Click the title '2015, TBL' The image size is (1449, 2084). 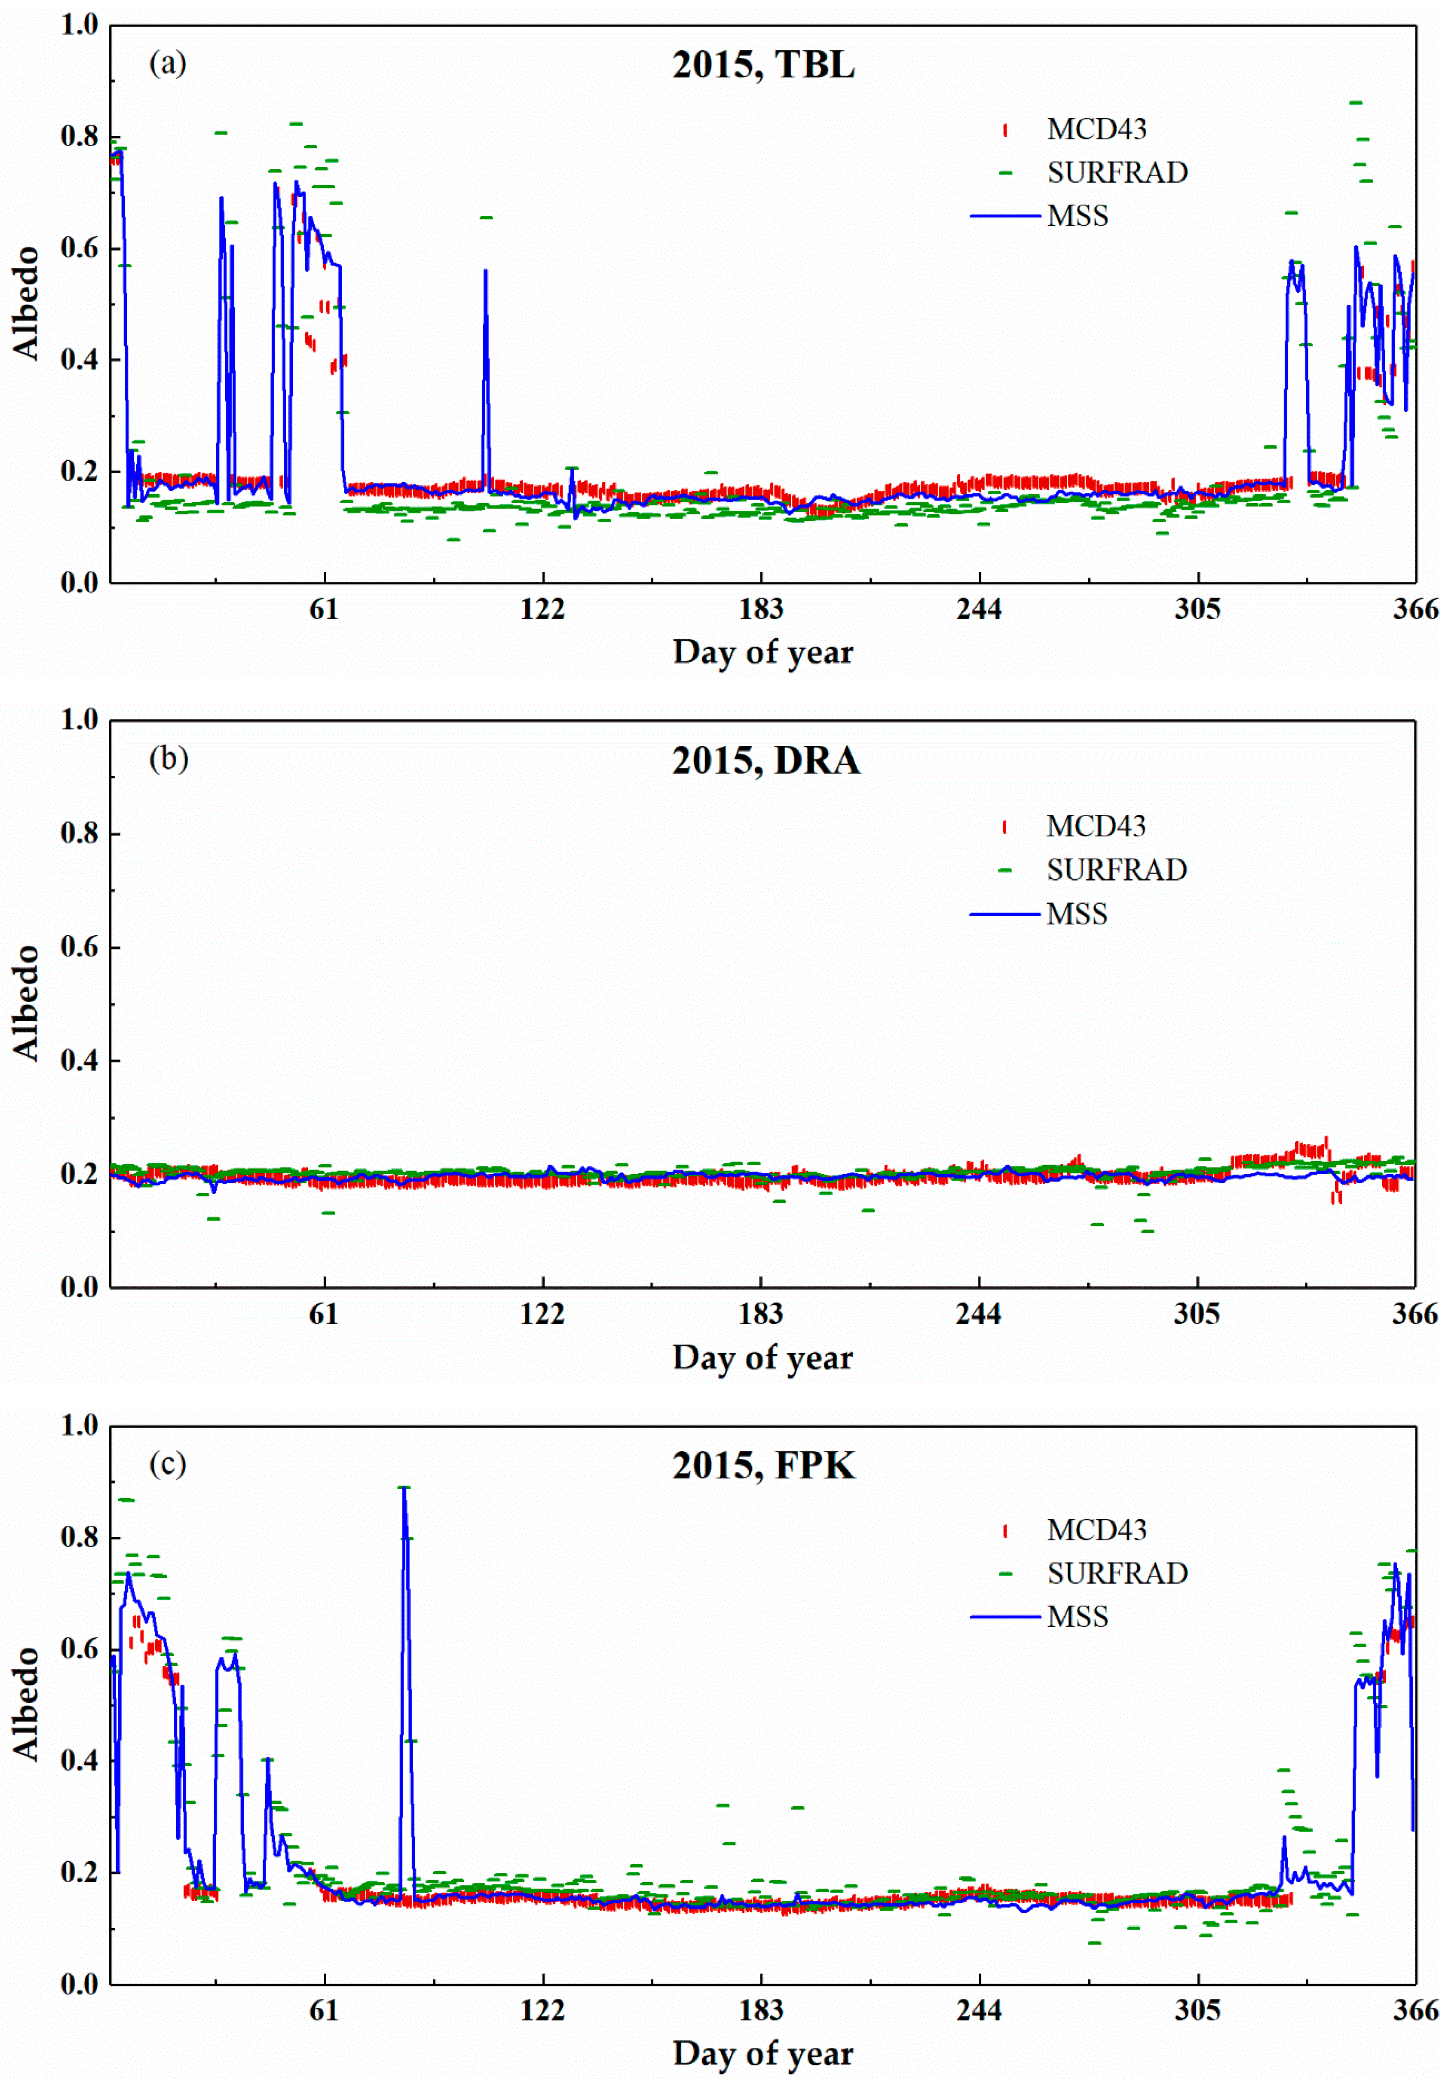tap(763, 65)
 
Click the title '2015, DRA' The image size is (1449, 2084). tap(765, 761)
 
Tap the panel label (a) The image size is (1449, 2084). tap(168, 64)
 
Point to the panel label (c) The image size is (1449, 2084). tap(168, 1463)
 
